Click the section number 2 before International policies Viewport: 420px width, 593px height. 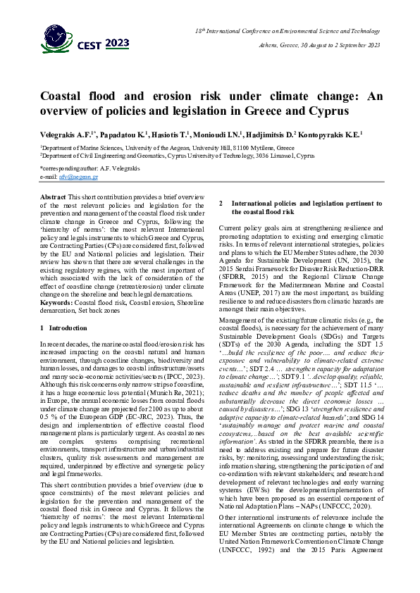coord(221,203)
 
